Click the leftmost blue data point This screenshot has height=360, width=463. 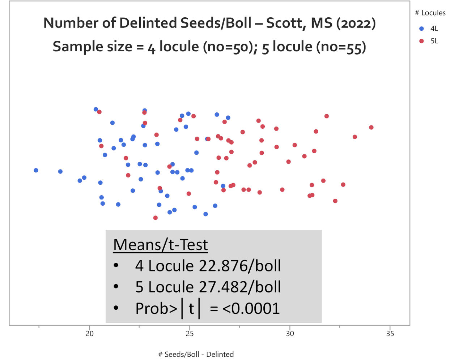36,170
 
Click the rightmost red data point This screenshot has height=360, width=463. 371,127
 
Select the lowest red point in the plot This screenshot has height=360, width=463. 156,218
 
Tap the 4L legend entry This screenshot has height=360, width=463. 434,29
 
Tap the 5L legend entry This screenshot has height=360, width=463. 434,41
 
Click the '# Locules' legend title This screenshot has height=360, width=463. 430,13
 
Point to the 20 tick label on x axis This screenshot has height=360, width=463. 89,334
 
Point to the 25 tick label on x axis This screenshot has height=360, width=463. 190,334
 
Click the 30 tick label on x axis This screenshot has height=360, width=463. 290,334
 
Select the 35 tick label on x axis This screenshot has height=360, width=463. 390,334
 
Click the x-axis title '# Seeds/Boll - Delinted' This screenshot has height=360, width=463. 196,354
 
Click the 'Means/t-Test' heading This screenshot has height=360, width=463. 160,245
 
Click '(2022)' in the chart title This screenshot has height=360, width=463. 356,23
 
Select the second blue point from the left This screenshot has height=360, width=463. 60,171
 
